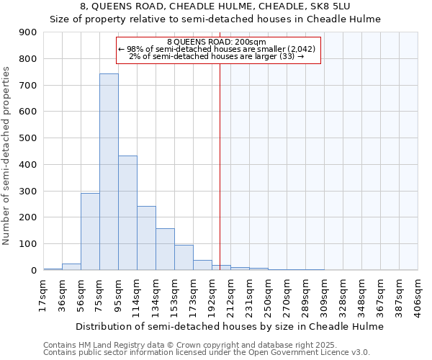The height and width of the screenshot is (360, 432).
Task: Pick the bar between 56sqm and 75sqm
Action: tap(90, 231)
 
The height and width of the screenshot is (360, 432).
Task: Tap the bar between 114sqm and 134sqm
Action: tap(146, 238)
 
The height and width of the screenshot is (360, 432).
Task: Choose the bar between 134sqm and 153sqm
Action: tap(165, 249)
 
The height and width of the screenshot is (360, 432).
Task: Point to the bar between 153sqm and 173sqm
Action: tap(184, 257)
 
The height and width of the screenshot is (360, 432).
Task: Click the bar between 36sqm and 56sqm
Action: tap(71, 266)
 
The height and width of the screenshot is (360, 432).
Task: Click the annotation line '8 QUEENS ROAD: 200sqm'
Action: tap(216, 42)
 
